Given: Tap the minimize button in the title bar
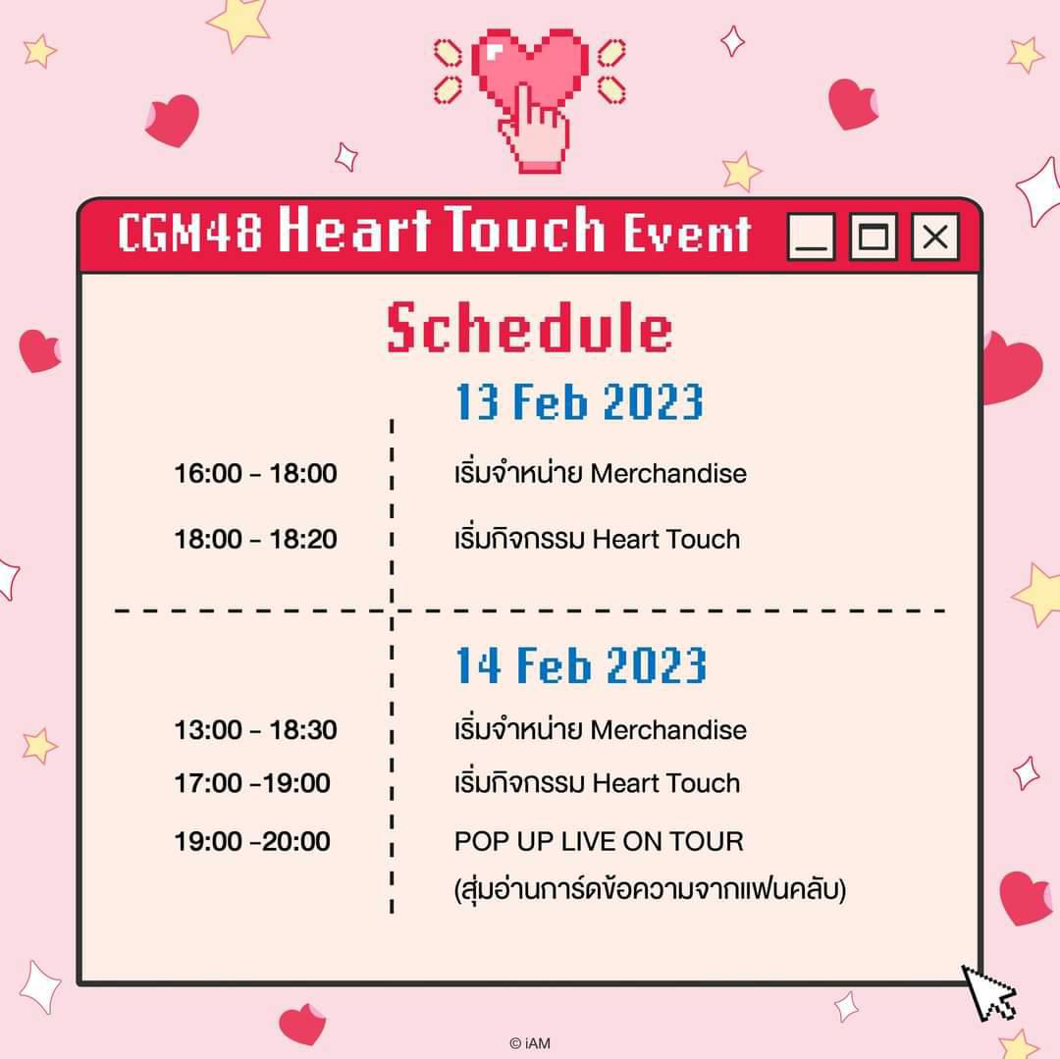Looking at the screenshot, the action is click(812, 237).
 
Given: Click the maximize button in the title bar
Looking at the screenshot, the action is click(873, 237).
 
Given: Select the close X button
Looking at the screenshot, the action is click(935, 237).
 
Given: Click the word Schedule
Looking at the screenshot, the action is click(529, 328).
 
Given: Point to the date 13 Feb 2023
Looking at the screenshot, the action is click(579, 401).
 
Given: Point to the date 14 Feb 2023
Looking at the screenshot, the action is click(581, 665).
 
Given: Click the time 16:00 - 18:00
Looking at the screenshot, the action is click(255, 473).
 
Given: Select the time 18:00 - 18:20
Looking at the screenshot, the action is click(255, 539).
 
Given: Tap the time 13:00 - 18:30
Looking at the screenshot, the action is click(255, 730).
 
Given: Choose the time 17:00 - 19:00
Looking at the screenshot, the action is click(252, 783).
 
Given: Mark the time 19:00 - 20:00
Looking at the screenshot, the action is click(252, 841).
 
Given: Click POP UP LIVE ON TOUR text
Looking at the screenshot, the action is click(599, 841).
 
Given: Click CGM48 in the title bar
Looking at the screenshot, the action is click(190, 232).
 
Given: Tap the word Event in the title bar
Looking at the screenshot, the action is click(687, 233).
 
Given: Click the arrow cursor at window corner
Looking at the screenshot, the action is click(988, 992).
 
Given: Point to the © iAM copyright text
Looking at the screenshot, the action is click(530, 1043).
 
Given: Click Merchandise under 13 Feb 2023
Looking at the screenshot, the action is click(668, 473).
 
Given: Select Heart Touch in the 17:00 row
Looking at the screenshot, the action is click(665, 783).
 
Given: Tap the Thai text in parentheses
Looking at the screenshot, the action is click(651, 889).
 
